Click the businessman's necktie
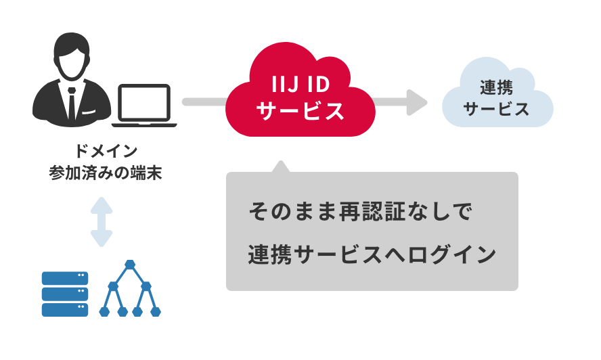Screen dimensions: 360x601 coord(72,102)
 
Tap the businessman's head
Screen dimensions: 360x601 coord(71,58)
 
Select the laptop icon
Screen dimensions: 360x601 coord(144,107)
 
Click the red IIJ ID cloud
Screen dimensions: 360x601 coord(300,95)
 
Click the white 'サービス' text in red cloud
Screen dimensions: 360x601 coord(300,111)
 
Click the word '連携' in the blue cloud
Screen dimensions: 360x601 coord(497,87)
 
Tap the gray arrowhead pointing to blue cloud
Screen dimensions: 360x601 coord(416,102)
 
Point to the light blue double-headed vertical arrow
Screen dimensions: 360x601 coord(102,222)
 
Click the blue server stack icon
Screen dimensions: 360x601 coord(65,294)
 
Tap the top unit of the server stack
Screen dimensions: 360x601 coord(65,278)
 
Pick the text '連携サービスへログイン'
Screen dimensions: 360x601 coord(372,254)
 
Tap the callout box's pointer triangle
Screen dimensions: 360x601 coord(279,166)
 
